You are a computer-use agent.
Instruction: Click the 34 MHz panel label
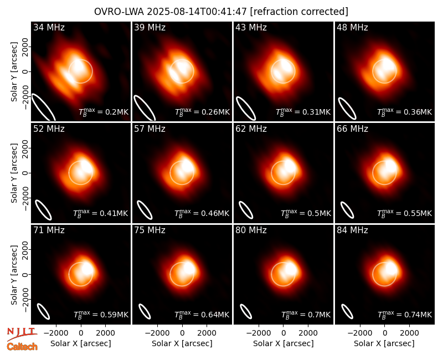click(x=49, y=27)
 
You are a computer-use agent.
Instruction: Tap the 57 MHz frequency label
click(x=150, y=129)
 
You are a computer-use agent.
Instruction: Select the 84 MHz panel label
click(x=352, y=230)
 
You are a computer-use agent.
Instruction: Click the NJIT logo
click(x=22, y=334)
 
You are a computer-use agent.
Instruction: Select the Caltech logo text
click(x=22, y=347)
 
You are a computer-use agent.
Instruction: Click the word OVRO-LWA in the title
click(x=119, y=12)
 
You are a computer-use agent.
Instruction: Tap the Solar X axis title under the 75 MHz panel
click(x=182, y=343)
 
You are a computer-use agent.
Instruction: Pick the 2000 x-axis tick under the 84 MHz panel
click(x=409, y=333)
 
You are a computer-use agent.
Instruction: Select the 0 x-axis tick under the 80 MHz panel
click(x=284, y=333)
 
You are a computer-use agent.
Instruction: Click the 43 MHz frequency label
click(x=251, y=27)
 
